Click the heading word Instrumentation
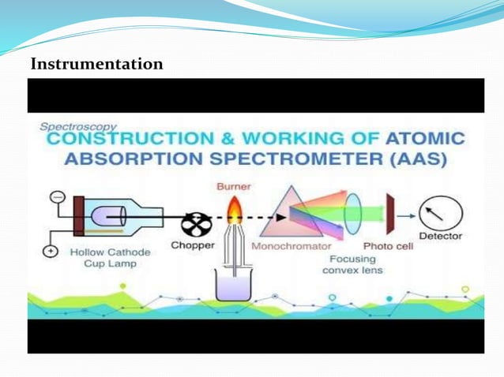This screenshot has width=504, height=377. [96, 64]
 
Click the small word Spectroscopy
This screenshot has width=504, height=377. [78, 125]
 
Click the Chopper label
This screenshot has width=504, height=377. [192, 245]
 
